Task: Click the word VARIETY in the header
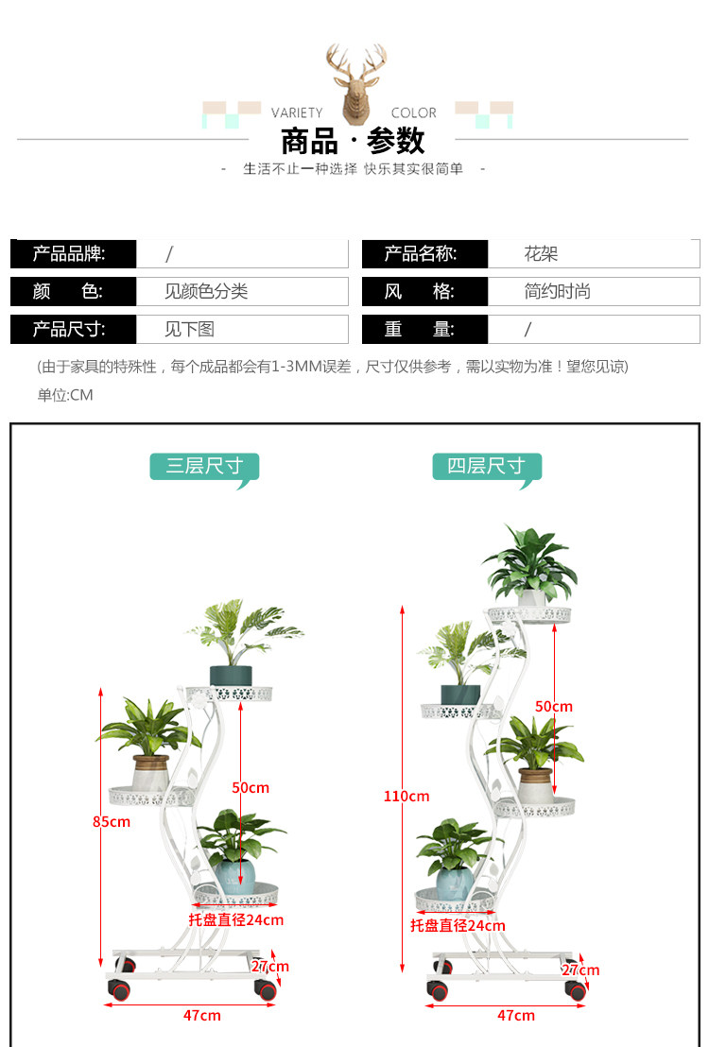(297, 112)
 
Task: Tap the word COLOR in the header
(414, 112)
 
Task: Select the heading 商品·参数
(353, 142)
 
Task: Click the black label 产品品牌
(69, 254)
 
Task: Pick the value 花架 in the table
(542, 254)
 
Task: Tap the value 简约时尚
(558, 292)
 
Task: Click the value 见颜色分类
(206, 292)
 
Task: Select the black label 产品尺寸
(69, 330)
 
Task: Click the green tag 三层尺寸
(204, 466)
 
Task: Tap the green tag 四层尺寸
(487, 466)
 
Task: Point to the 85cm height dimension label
(112, 822)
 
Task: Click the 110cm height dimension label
(406, 797)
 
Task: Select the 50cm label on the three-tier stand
(251, 787)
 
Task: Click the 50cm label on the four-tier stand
(554, 707)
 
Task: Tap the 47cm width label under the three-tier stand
(201, 1015)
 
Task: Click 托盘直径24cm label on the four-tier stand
(458, 926)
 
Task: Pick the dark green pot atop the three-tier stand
(231, 675)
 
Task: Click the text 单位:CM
(65, 395)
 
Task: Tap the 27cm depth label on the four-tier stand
(580, 970)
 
